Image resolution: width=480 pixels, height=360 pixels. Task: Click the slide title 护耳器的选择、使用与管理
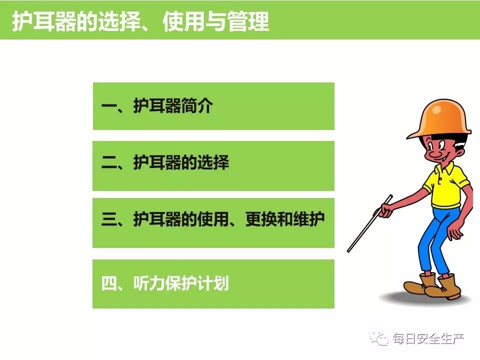(140, 21)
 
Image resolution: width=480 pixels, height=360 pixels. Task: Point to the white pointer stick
(370, 223)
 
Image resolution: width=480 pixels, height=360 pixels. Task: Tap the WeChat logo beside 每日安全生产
(379, 338)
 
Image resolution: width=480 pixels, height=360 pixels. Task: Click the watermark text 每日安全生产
(428, 338)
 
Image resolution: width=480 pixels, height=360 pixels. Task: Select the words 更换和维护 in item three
(284, 218)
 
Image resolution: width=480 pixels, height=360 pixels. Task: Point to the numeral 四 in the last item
(109, 283)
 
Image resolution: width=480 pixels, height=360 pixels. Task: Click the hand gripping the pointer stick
(385, 210)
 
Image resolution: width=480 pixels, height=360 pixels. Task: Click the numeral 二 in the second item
(109, 162)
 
